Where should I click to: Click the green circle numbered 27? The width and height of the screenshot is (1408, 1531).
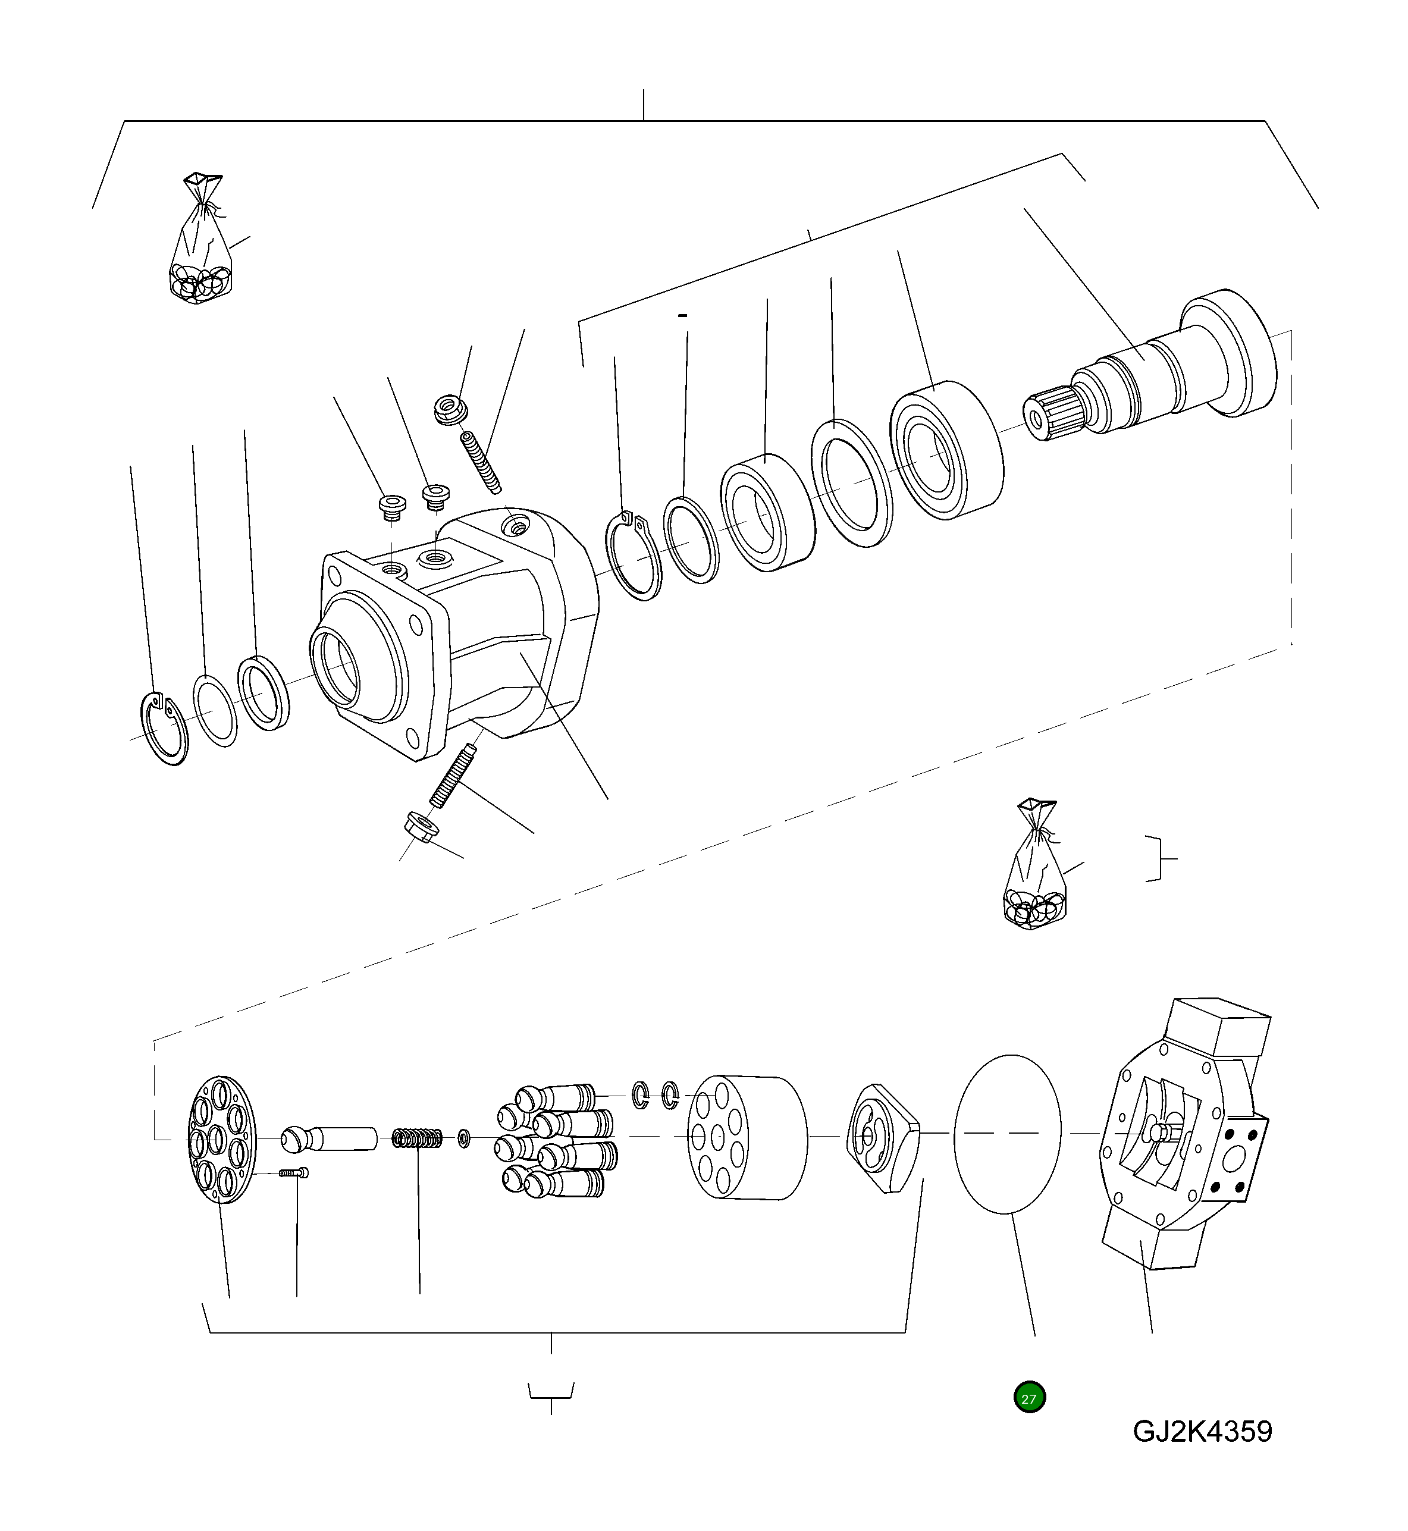pos(1029,1398)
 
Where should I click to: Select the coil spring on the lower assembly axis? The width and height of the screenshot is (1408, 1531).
pos(418,1138)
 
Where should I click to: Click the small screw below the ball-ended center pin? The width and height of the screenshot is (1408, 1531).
pos(295,1173)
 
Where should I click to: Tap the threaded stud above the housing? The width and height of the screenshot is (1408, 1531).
pos(481,462)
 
